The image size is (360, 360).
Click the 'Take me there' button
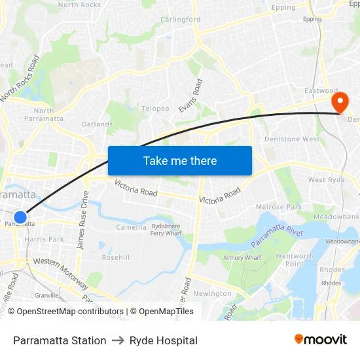[180, 160]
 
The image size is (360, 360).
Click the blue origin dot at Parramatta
[20, 217]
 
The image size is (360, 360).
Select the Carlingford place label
[181, 20]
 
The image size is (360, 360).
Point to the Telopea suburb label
[155, 109]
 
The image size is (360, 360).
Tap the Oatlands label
[97, 124]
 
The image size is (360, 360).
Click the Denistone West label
[291, 139]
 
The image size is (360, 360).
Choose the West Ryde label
[326, 180]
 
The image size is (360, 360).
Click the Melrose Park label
[279, 207]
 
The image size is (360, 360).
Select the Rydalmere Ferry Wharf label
[166, 230]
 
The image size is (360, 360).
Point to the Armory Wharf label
[242, 258]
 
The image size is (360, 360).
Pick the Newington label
[212, 294]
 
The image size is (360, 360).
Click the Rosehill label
[116, 257]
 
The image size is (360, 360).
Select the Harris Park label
[44, 240]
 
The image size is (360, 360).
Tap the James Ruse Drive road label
[82, 220]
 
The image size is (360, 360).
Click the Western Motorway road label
[61, 271]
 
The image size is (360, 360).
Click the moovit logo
[320, 340]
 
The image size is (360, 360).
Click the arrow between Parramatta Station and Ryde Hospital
[118, 340]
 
